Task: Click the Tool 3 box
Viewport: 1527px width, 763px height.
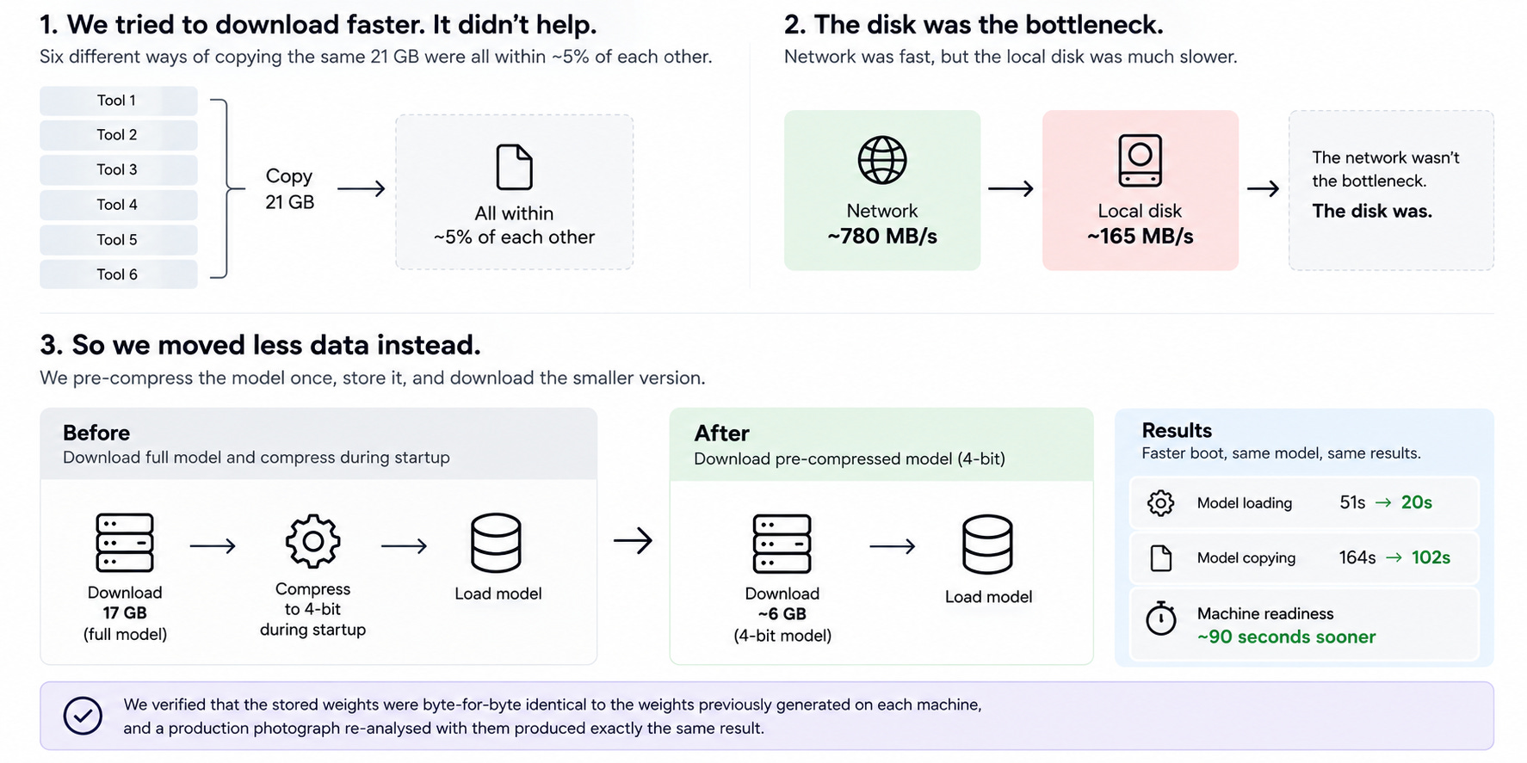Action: [x=119, y=169]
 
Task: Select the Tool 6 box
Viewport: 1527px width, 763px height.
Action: [x=119, y=274]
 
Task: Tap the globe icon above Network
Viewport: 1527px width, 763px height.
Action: [x=882, y=160]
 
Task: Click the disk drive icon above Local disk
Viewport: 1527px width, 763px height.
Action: [x=1140, y=160]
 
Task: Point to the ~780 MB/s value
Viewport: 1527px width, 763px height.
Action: [x=882, y=237]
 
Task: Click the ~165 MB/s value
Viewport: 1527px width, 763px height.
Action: [x=1140, y=237]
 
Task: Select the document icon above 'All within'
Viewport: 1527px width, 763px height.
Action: [x=515, y=166]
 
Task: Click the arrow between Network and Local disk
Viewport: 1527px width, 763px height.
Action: [x=1011, y=188]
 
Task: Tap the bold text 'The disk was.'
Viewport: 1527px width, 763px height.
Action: [x=1372, y=211]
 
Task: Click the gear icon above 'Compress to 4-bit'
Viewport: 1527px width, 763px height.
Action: [x=312, y=541]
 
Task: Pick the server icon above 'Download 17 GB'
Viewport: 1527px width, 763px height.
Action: [x=125, y=543]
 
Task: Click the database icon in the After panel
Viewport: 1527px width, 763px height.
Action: [x=987, y=545]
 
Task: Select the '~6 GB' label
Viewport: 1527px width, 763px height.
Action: [x=782, y=614]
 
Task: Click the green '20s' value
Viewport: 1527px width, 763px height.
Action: [x=1416, y=502]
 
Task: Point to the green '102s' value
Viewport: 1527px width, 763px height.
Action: [x=1431, y=557]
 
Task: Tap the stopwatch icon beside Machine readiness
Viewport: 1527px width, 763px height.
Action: [x=1161, y=618]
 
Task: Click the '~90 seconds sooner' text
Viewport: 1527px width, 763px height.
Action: [x=1286, y=637]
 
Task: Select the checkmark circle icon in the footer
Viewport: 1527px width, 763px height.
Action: [x=83, y=716]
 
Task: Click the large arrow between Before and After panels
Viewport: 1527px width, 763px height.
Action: [x=633, y=541]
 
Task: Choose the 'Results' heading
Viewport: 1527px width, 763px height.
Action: [x=1177, y=431]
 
